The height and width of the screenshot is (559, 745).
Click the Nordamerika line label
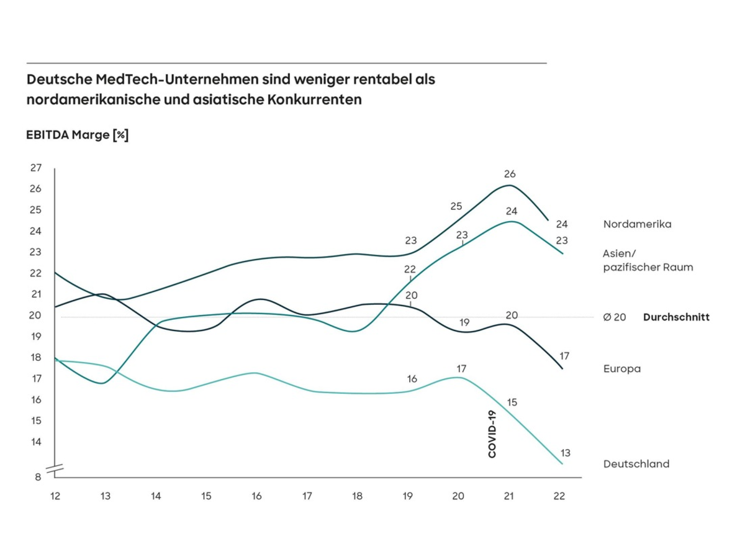(x=636, y=224)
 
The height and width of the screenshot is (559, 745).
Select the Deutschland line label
(x=636, y=464)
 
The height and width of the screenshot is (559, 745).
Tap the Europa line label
(x=621, y=369)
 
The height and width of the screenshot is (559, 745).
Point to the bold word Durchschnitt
(x=676, y=317)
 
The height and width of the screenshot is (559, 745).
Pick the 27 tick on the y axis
(x=35, y=168)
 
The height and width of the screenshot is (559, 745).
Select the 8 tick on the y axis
(x=38, y=477)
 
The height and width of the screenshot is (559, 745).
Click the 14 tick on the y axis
(x=35, y=442)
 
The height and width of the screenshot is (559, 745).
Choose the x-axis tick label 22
(x=559, y=497)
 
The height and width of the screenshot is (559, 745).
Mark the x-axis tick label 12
(x=55, y=497)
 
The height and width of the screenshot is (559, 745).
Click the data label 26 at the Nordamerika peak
(x=510, y=175)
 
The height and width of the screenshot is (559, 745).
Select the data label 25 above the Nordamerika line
(x=456, y=206)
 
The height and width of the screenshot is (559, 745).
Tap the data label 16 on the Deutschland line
(x=411, y=379)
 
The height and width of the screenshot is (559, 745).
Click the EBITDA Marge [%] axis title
(x=77, y=135)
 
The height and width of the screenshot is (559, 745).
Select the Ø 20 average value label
(x=614, y=317)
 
